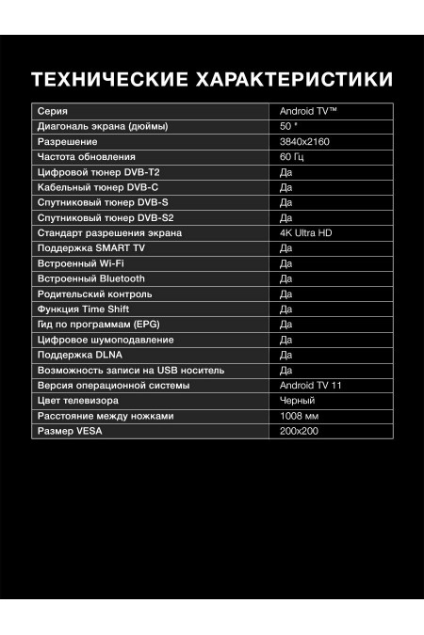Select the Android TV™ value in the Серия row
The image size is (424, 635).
[308, 110]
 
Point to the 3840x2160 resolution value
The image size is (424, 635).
[302, 141]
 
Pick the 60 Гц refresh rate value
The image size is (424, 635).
[293, 156]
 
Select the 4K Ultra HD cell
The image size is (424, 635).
[308, 232]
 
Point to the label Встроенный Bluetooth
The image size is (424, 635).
[90, 278]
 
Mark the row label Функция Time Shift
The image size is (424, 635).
[82, 309]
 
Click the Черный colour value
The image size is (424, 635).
[297, 401]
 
